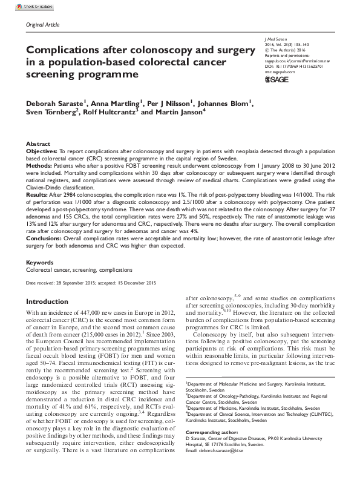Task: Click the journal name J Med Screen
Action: coord(279,39)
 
